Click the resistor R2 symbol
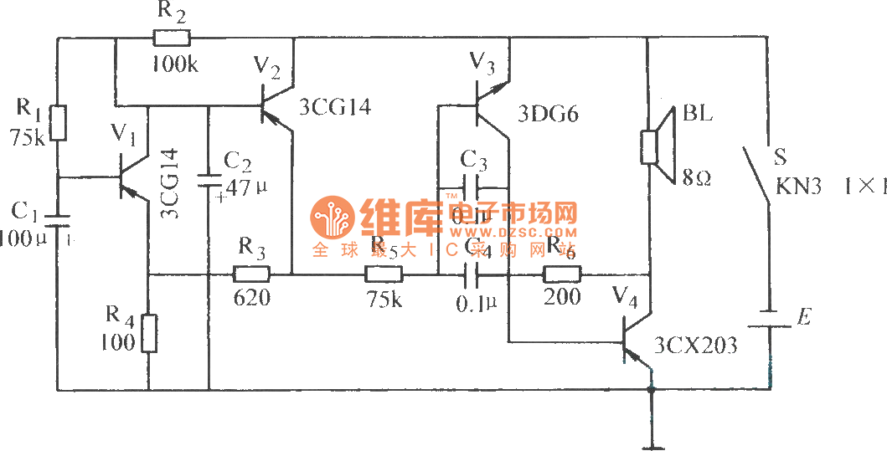tap(172, 38)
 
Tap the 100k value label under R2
tap(174, 64)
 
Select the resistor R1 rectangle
tap(57, 123)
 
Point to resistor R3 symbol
tap(251, 274)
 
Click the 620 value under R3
tap(252, 296)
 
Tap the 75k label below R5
tap(384, 299)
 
